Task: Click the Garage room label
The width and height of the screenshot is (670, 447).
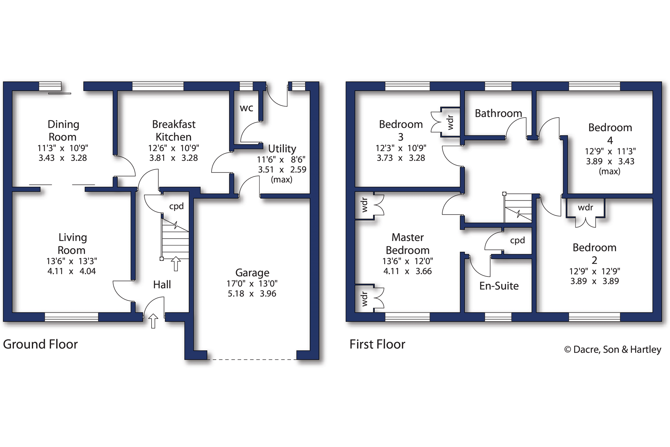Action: pos(252,273)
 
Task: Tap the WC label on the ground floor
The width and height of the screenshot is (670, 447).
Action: pos(246,108)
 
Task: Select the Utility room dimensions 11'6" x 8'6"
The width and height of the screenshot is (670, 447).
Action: pos(281,160)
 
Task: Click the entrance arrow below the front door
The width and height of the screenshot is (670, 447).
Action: pos(153,321)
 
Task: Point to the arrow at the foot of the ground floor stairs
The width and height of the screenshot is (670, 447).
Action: pos(176,264)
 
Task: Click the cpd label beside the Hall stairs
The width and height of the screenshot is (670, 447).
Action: pos(176,206)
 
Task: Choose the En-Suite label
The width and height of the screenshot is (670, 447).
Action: pos(499,286)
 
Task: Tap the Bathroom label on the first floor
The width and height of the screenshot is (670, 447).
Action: pos(498,113)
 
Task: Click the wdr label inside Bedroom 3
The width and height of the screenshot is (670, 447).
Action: pos(450,122)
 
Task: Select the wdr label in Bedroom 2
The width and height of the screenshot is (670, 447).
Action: pos(585,208)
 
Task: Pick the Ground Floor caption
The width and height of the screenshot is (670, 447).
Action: pos(40,344)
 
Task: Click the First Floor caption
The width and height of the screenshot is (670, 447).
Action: pos(377,344)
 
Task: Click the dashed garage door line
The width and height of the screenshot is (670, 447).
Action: pos(252,359)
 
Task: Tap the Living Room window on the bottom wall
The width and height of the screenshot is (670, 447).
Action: pos(72,317)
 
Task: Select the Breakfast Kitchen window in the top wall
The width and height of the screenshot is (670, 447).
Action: pos(158,86)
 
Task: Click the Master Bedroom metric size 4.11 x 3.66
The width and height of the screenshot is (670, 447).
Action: pos(407,271)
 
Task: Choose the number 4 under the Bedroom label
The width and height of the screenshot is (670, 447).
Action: pos(610,140)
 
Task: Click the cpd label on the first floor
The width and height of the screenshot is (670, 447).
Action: pos(517,240)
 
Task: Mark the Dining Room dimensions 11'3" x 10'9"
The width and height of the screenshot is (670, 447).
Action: pos(63,148)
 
